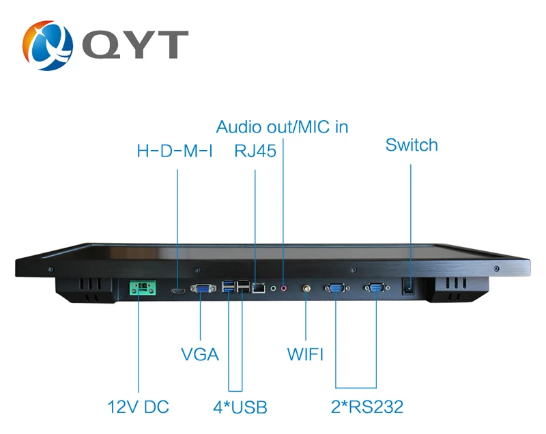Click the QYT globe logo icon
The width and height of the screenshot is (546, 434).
(x=48, y=45)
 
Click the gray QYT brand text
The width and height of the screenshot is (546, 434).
(x=135, y=44)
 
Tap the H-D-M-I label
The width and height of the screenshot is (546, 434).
(x=175, y=151)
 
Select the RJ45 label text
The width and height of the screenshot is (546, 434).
(x=255, y=151)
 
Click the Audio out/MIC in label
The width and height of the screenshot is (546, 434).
(x=282, y=127)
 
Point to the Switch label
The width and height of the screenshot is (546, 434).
(x=412, y=145)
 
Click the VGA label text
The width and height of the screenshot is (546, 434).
(x=200, y=354)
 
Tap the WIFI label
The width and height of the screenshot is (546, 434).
(x=305, y=354)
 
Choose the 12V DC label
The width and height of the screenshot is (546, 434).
(x=139, y=407)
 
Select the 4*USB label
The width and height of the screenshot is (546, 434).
(x=240, y=407)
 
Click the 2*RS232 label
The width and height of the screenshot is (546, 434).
(x=367, y=407)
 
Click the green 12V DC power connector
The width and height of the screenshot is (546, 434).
(x=143, y=288)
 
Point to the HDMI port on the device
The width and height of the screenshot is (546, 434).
(x=178, y=290)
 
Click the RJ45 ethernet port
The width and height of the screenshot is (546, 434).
(x=259, y=288)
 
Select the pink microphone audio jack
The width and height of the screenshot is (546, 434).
(x=284, y=288)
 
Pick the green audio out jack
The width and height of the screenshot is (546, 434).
(x=274, y=288)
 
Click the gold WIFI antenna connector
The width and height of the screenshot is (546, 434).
(x=306, y=289)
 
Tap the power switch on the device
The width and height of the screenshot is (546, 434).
(x=408, y=287)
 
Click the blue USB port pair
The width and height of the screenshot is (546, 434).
(x=229, y=287)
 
